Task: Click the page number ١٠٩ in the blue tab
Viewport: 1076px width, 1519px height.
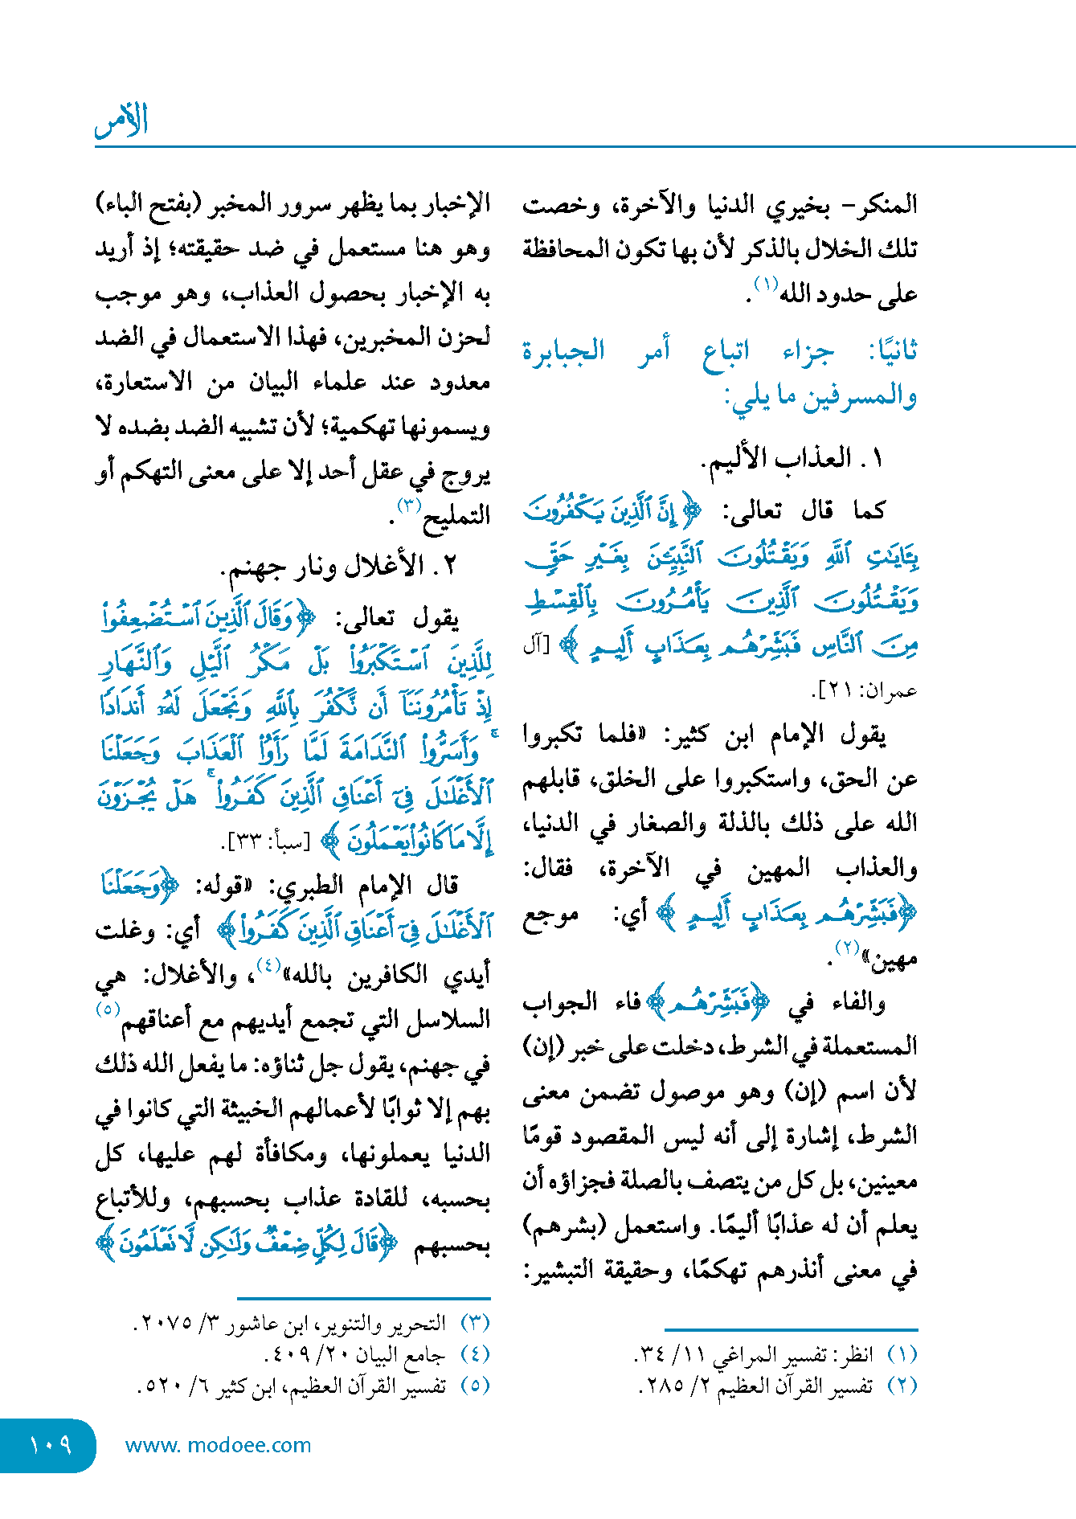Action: (50, 1445)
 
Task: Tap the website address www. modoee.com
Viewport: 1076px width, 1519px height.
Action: (218, 1445)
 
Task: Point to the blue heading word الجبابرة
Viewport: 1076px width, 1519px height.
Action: (563, 350)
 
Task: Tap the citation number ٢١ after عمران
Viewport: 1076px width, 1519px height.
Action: (830, 690)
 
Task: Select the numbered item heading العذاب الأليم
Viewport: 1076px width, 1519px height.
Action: (776, 459)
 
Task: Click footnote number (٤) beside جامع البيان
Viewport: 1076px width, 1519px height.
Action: (475, 1354)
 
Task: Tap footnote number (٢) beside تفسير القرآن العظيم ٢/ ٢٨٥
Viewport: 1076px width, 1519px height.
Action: (902, 1386)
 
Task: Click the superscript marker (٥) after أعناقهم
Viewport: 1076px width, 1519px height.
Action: (108, 1009)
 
